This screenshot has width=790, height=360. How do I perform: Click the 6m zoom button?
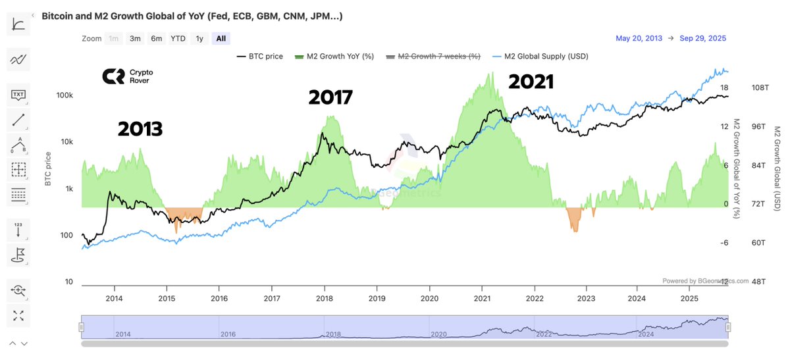157,38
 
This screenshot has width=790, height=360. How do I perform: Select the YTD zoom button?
178,38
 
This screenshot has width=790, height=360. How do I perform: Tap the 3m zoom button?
135,38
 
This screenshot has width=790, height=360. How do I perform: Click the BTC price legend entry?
259,57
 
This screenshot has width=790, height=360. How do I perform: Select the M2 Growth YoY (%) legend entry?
334,57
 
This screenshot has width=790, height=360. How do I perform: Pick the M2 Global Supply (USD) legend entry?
540,57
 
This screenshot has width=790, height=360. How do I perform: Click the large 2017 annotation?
330,97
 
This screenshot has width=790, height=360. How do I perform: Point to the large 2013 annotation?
140,129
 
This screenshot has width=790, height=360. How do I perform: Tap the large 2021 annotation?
531,82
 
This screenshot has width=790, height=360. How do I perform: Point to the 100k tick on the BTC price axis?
64,96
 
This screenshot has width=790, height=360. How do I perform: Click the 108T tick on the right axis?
760,88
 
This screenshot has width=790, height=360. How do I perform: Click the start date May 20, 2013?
639,38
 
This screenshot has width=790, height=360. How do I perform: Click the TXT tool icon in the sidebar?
18,95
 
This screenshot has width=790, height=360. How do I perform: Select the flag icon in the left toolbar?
18,254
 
